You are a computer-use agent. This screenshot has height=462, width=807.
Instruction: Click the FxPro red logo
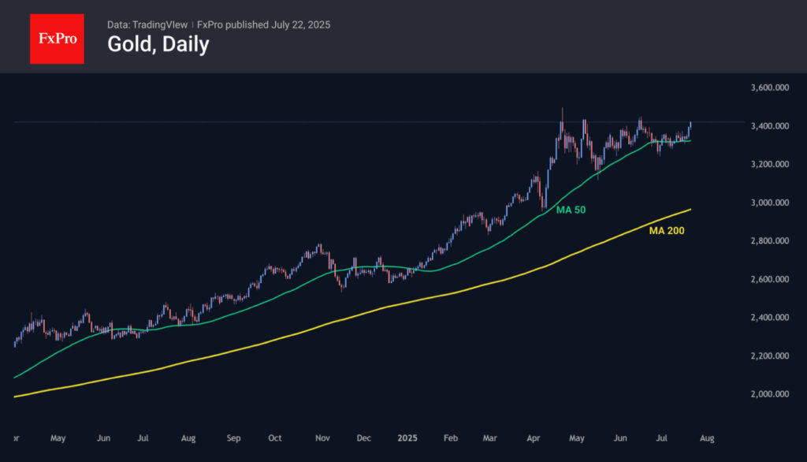click(x=57, y=38)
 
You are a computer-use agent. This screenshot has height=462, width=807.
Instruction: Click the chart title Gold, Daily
click(x=158, y=44)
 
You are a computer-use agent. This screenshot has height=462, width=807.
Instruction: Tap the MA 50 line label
click(x=571, y=211)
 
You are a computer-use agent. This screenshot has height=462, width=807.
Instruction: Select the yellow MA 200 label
click(x=667, y=231)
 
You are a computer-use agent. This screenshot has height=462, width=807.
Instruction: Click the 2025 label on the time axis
click(x=407, y=437)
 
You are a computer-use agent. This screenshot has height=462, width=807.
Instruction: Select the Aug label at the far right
click(x=707, y=437)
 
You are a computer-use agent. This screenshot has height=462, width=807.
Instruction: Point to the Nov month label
click(x=322, y=437)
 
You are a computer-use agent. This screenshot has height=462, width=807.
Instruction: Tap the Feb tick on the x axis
click(x=450, y=437)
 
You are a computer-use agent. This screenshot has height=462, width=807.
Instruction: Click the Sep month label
click(x=232, y=437)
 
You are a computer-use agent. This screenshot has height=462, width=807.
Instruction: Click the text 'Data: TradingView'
click(x=147, y=24)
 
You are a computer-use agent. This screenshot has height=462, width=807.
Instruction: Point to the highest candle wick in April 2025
click(x=562, y=110)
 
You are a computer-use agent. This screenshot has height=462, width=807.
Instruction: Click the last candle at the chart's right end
click(x=690, y=126)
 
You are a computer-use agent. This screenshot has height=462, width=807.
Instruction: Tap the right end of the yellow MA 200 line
click(x=691, y=209)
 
